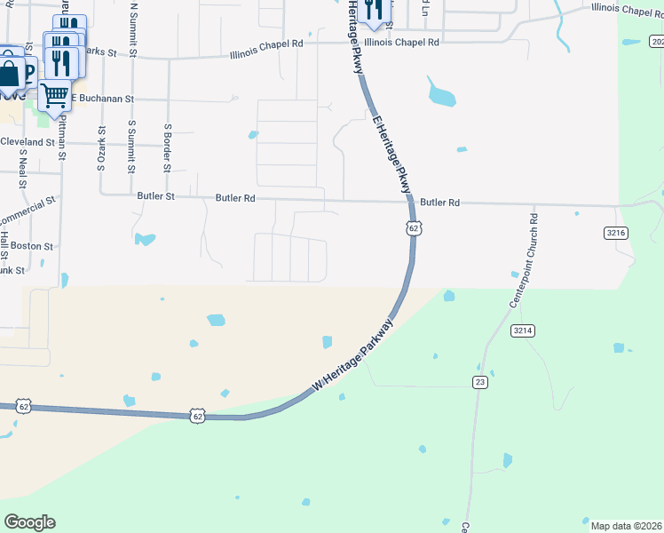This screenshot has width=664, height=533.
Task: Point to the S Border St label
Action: (166, 147)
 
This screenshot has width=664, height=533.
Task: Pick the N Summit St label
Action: (133, 30)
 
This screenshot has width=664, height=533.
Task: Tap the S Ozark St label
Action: (100, 148)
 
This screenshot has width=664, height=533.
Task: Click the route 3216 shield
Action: (616, 233)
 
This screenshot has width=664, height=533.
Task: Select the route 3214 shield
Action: (523, 330)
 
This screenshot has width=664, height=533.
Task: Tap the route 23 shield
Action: (479, 382)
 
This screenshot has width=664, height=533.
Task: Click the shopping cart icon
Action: (55, 93)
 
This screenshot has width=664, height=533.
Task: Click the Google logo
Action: (29, 522)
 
